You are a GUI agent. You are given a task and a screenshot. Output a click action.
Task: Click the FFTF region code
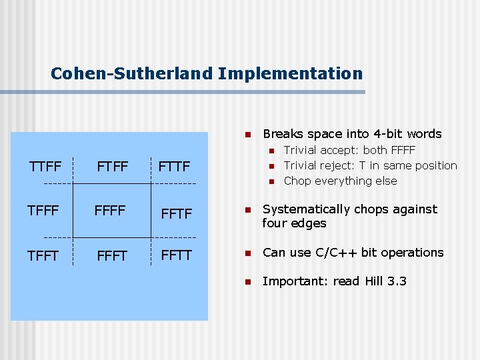(176, 214)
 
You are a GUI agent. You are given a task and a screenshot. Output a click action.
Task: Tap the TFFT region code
(43, 255)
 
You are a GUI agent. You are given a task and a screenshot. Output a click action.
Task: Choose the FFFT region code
(111, 255)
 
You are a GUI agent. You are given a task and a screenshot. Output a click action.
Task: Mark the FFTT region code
(176, 255)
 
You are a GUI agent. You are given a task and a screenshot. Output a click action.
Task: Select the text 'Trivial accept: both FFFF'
(349, 150)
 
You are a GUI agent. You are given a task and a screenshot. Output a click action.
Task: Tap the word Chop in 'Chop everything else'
(297, 181)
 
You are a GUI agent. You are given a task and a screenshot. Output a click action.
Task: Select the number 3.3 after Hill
(397, 281)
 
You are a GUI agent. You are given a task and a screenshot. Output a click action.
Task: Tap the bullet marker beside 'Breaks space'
(247, 134)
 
